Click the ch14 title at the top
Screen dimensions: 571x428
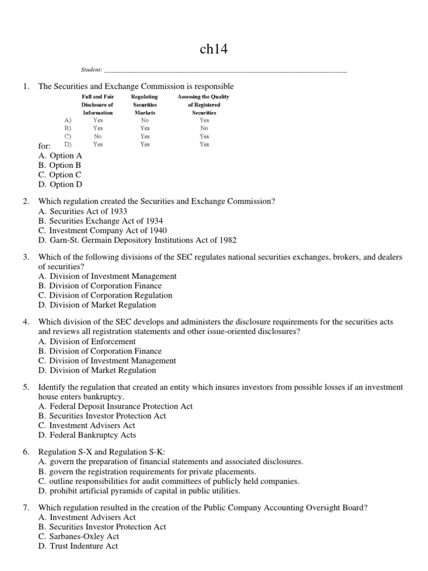tap(213, 50)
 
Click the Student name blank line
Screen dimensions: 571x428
tap(225, 71)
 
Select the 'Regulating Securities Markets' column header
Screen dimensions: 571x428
tap(145, 104)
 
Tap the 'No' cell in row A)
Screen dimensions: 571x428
tap(145, 120)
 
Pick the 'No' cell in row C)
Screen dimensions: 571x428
tap(98, 136)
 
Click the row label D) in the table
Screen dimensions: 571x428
tap(67, 144)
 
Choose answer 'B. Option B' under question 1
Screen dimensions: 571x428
tap(60, 165)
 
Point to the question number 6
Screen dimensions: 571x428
tap(26, 452)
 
